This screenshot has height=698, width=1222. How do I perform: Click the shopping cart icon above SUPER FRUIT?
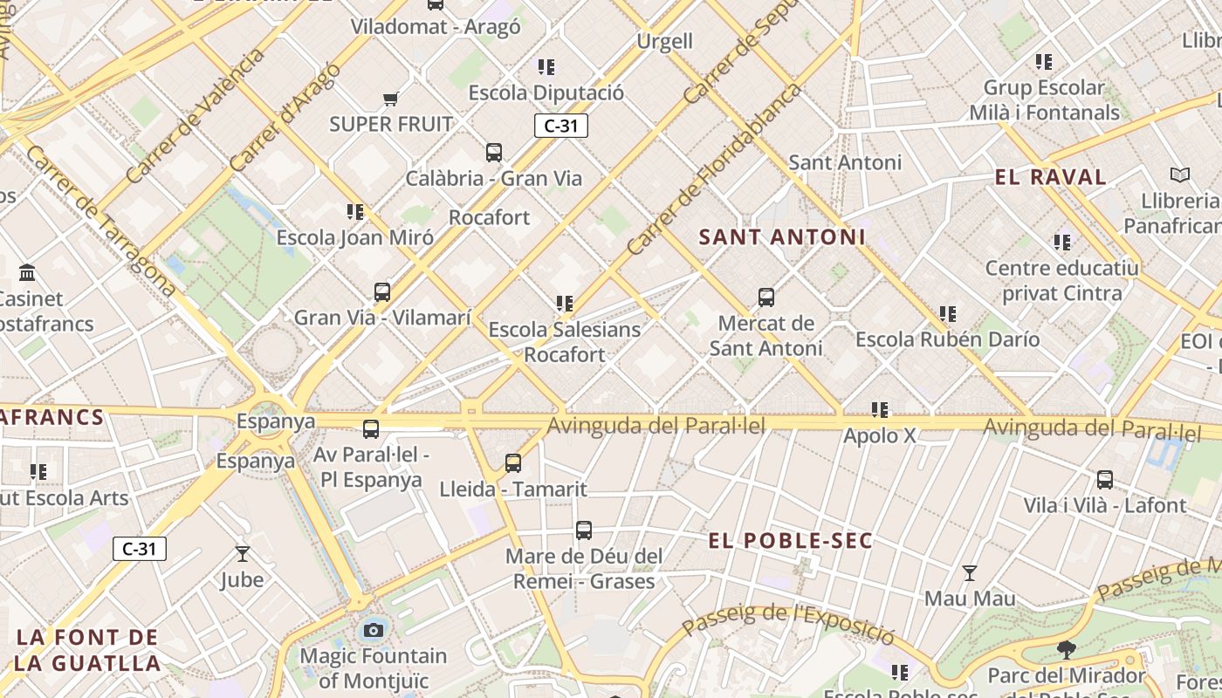click(390, 99)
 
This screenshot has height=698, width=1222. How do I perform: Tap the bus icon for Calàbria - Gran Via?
click(494, 153)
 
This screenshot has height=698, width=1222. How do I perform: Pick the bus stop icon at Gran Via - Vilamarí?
click(382, 292)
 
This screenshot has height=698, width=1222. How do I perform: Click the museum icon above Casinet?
click(27, 272)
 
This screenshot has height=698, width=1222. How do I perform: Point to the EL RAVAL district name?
click(1051, 177)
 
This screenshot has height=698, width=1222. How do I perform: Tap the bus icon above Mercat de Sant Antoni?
click(766, 298)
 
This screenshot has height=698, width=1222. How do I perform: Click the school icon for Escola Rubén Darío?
click(948, 313)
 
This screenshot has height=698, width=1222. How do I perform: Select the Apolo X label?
click(880, 435)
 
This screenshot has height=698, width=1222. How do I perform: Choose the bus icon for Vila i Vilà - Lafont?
click(1105, 479)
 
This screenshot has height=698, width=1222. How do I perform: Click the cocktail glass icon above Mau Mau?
click(970, 573)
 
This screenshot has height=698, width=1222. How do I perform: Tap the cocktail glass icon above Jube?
click(243, 554)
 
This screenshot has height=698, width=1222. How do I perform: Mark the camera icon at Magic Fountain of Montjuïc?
click(374, 630)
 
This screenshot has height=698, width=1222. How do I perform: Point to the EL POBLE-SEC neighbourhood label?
click(791, 541)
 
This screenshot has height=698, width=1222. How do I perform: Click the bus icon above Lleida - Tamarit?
click(513, 463)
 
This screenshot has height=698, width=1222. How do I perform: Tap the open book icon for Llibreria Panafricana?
click(1180, 175)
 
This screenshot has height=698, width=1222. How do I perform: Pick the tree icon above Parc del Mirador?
click(1066, 649)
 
